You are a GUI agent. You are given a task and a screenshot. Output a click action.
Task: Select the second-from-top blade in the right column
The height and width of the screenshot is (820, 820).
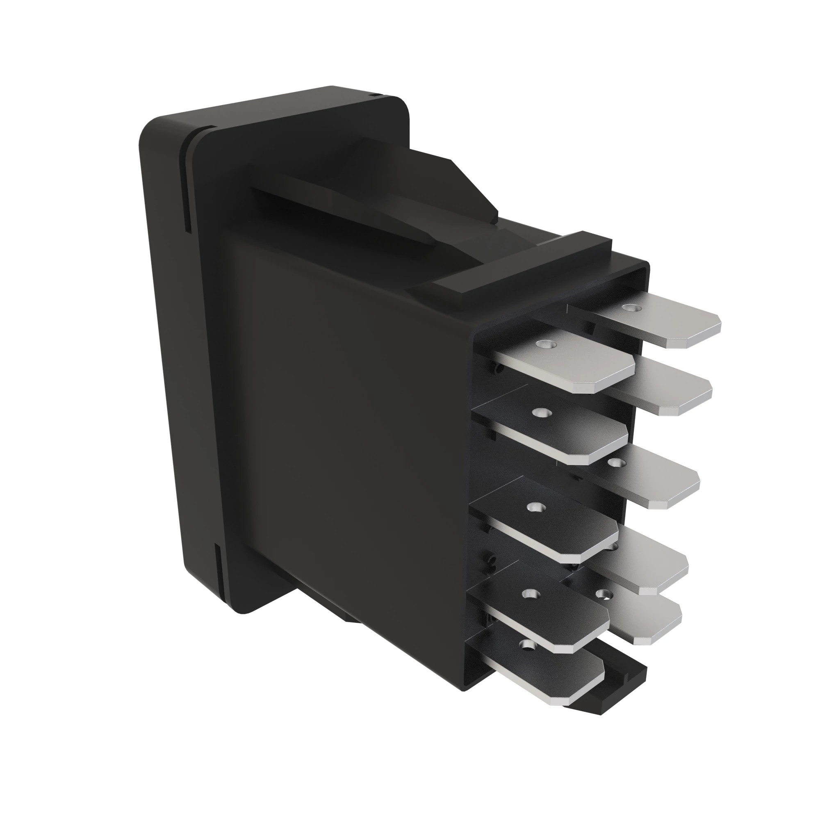tap(671, 395)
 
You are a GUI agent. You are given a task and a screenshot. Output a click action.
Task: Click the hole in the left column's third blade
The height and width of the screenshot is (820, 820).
tap(533, 506)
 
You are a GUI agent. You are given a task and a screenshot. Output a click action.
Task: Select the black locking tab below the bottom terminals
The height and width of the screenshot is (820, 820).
tap(624, 679)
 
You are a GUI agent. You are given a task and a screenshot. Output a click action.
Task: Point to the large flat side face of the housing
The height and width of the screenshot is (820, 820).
tap(339, 424)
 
